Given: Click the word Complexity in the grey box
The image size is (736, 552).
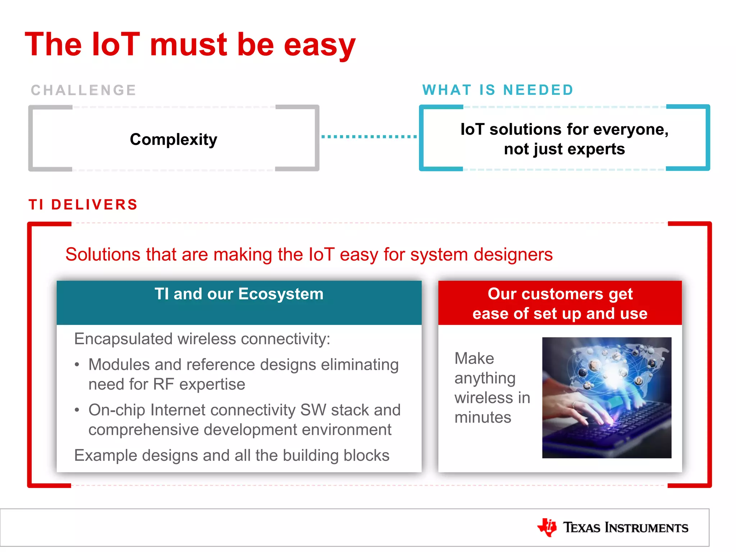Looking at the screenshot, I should pos(174,139).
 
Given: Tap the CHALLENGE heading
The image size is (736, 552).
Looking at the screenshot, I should pos(83,90).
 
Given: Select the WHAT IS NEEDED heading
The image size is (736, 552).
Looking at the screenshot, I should pos(498,90).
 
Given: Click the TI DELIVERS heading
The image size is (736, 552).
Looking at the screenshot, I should pos(83,204).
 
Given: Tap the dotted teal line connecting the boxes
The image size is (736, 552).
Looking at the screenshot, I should pos(369,137).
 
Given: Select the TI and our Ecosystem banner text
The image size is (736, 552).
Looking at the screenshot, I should pos(239,294).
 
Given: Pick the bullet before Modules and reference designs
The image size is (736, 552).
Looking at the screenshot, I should pos(77,365).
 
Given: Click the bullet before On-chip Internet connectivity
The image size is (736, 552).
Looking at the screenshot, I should pos(77,410).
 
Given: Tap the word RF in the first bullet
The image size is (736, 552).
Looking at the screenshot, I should pos(164,384).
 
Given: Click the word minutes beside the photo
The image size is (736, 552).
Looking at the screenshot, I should pos(483,418).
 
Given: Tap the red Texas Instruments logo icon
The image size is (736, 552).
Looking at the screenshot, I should pos(547,527).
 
